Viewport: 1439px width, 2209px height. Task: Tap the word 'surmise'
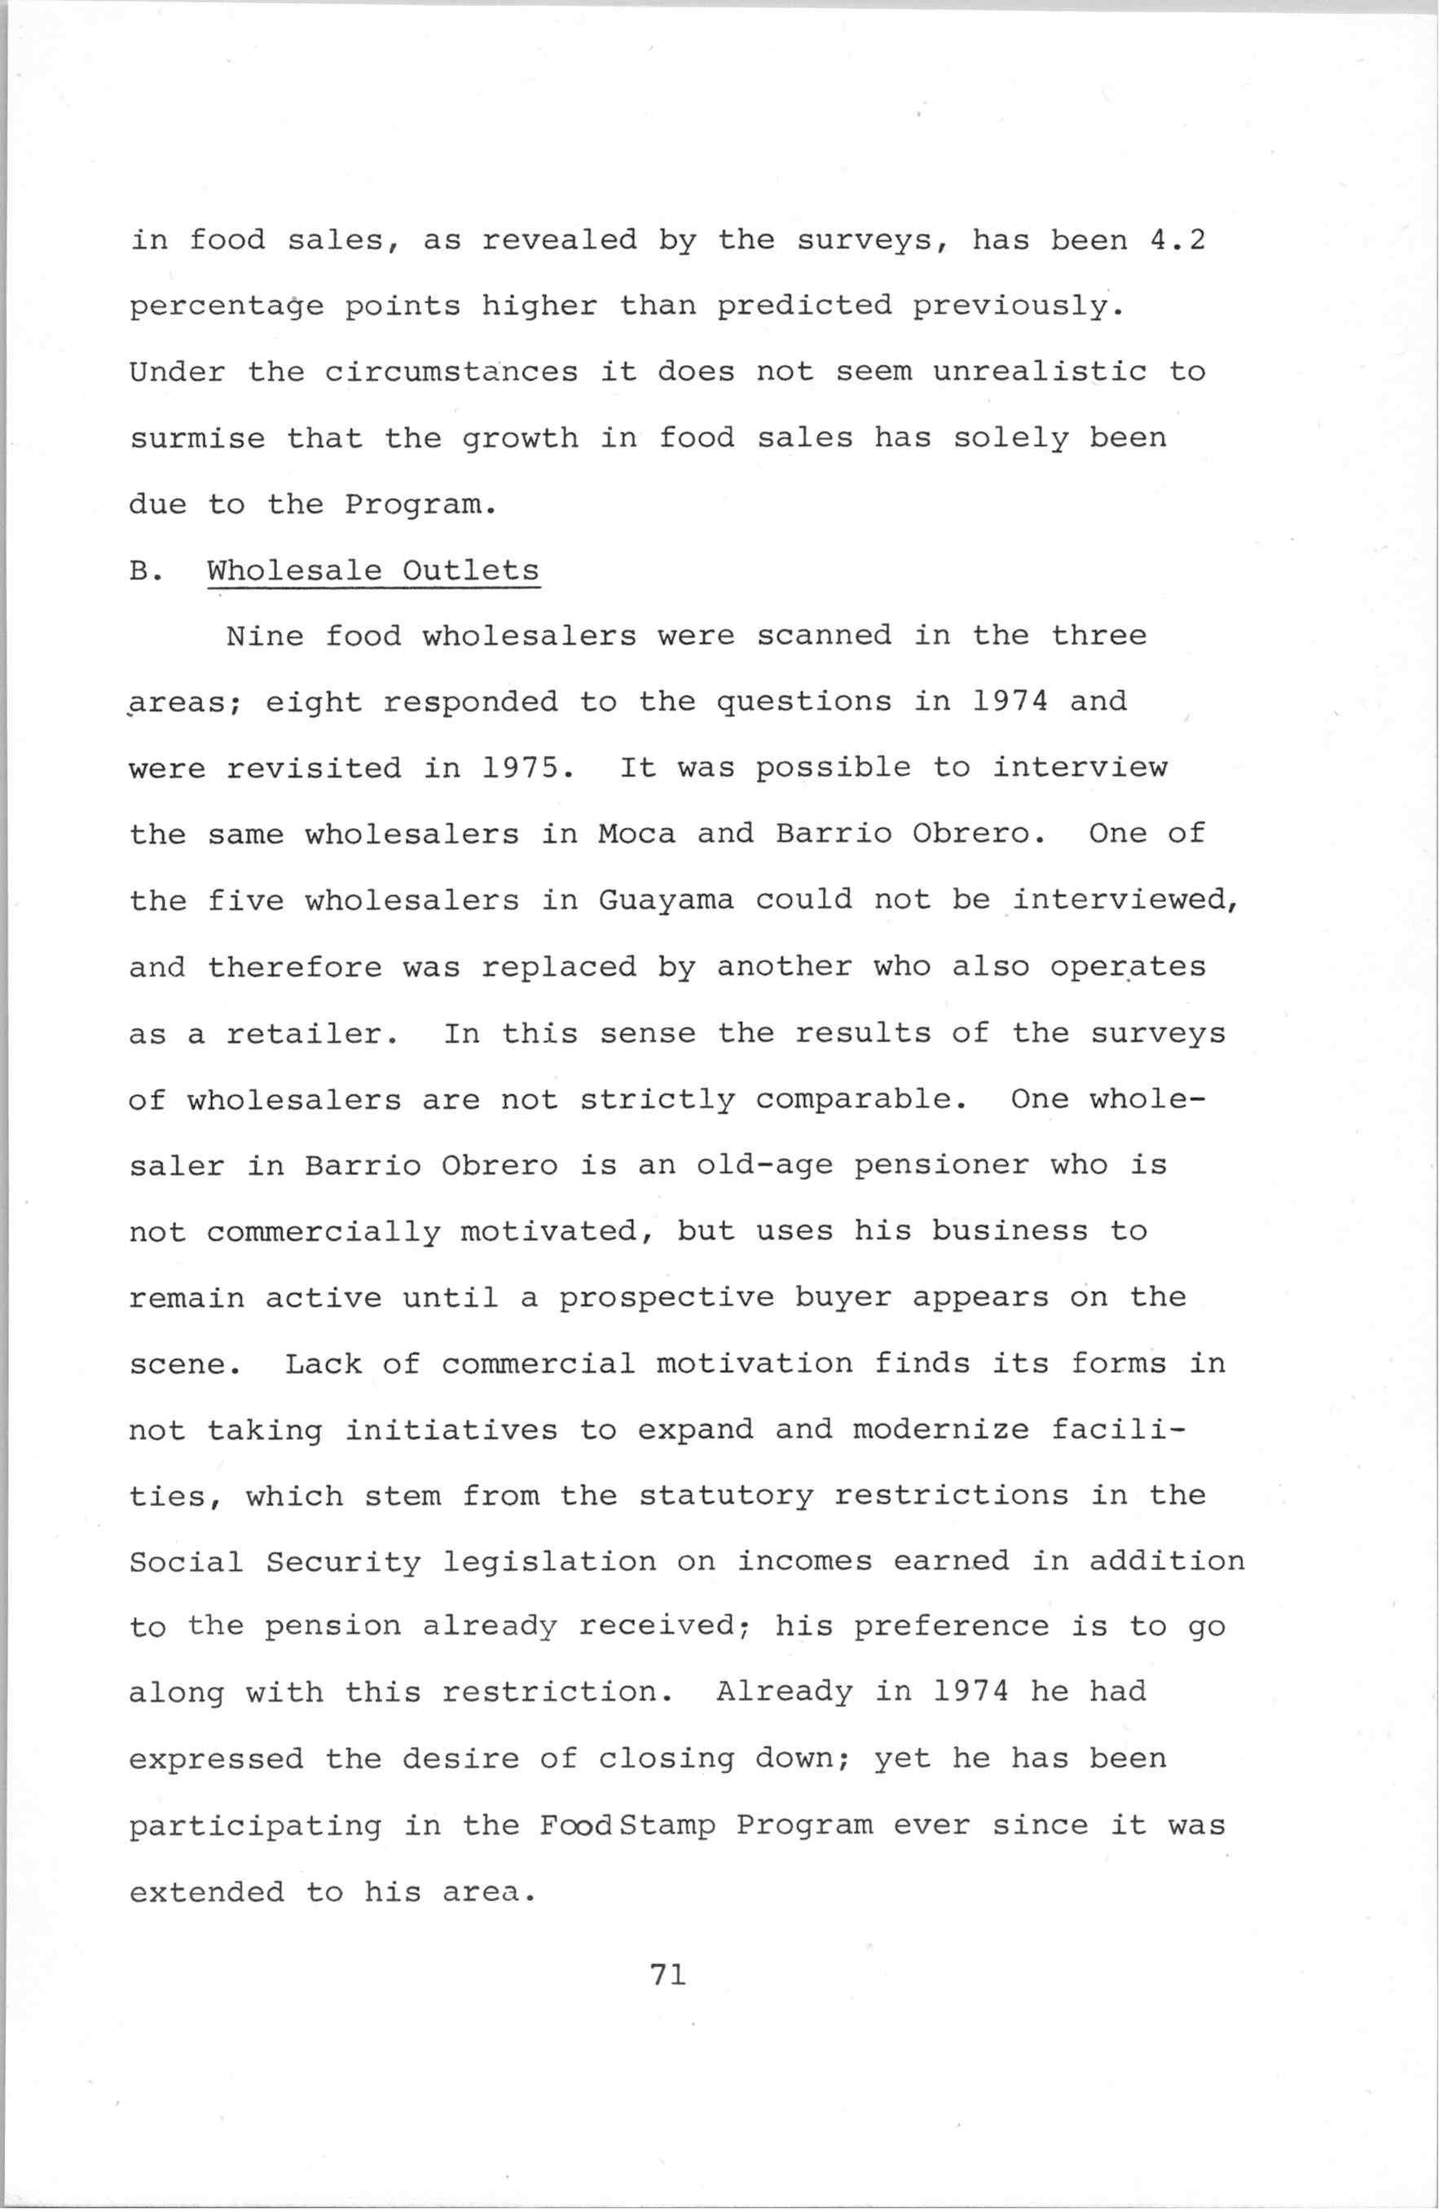197,438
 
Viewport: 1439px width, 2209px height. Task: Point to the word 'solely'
1011,438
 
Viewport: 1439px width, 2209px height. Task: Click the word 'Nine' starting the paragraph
265,636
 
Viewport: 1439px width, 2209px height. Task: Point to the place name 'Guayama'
666,900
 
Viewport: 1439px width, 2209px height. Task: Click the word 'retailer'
313,1034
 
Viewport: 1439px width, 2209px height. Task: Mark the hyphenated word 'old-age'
764,1166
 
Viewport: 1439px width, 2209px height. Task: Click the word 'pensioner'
941,1166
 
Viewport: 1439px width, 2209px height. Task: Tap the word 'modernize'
941,1430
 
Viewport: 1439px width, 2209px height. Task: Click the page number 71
668,1976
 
